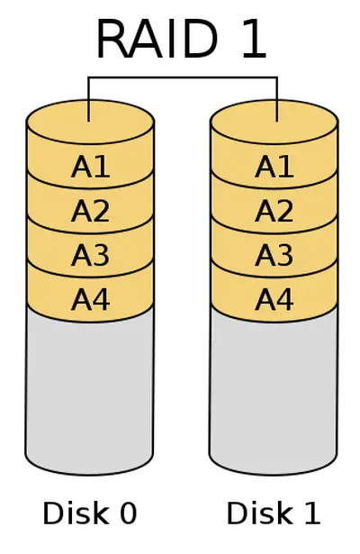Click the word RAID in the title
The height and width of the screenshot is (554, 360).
click(157, 40)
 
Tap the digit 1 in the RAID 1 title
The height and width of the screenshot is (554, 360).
click(255, 40)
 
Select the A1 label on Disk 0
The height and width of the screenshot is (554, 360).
click(91, 167)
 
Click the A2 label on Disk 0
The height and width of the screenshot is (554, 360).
click(91, 211)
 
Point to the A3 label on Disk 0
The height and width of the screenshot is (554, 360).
click(91, 255)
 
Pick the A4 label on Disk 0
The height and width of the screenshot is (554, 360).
click(91, 300)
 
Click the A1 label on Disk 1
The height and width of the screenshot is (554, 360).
click(274, 167)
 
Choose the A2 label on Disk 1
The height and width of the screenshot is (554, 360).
click(274, 211)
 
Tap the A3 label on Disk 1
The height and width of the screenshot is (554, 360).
click(274, 255)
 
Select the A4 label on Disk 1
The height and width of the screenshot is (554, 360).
click(274, 300)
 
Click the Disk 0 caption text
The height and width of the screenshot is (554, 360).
click(90, 513)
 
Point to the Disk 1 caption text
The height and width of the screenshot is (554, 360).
click(274, 513)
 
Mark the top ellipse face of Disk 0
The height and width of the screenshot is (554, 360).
click(90, 122)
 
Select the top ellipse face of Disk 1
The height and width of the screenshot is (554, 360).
click(274, 122)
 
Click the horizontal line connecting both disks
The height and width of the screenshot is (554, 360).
click(183, 77)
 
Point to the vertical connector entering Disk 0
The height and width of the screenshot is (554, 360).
click(88, 99)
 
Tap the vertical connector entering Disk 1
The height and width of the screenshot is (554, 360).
click(277, 99)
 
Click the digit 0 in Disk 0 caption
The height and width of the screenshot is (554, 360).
click(128, 513)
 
